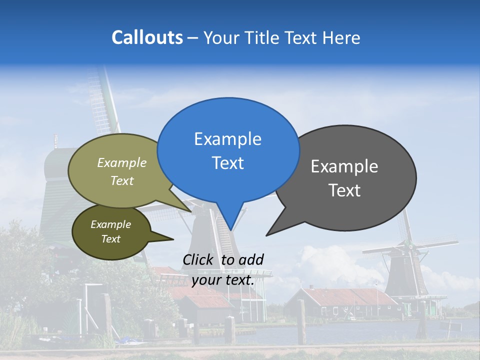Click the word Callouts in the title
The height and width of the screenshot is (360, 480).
coord(147,37)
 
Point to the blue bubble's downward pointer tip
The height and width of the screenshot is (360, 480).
coord(230,230)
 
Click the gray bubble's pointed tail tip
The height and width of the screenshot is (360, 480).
coord(266,235)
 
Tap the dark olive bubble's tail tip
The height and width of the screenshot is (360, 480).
coord(173,239)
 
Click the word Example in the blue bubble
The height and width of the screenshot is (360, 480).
coord(227,139)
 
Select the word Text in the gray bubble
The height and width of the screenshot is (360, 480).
coord(344,190)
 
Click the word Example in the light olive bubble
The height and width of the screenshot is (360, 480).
coord(121,162)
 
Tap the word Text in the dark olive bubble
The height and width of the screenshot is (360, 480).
coord(110,239)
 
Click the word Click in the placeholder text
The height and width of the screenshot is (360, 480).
coord(199,259)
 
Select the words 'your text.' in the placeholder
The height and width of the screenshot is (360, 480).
coord(223,280)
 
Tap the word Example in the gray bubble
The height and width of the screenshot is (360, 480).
coord(344,166)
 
